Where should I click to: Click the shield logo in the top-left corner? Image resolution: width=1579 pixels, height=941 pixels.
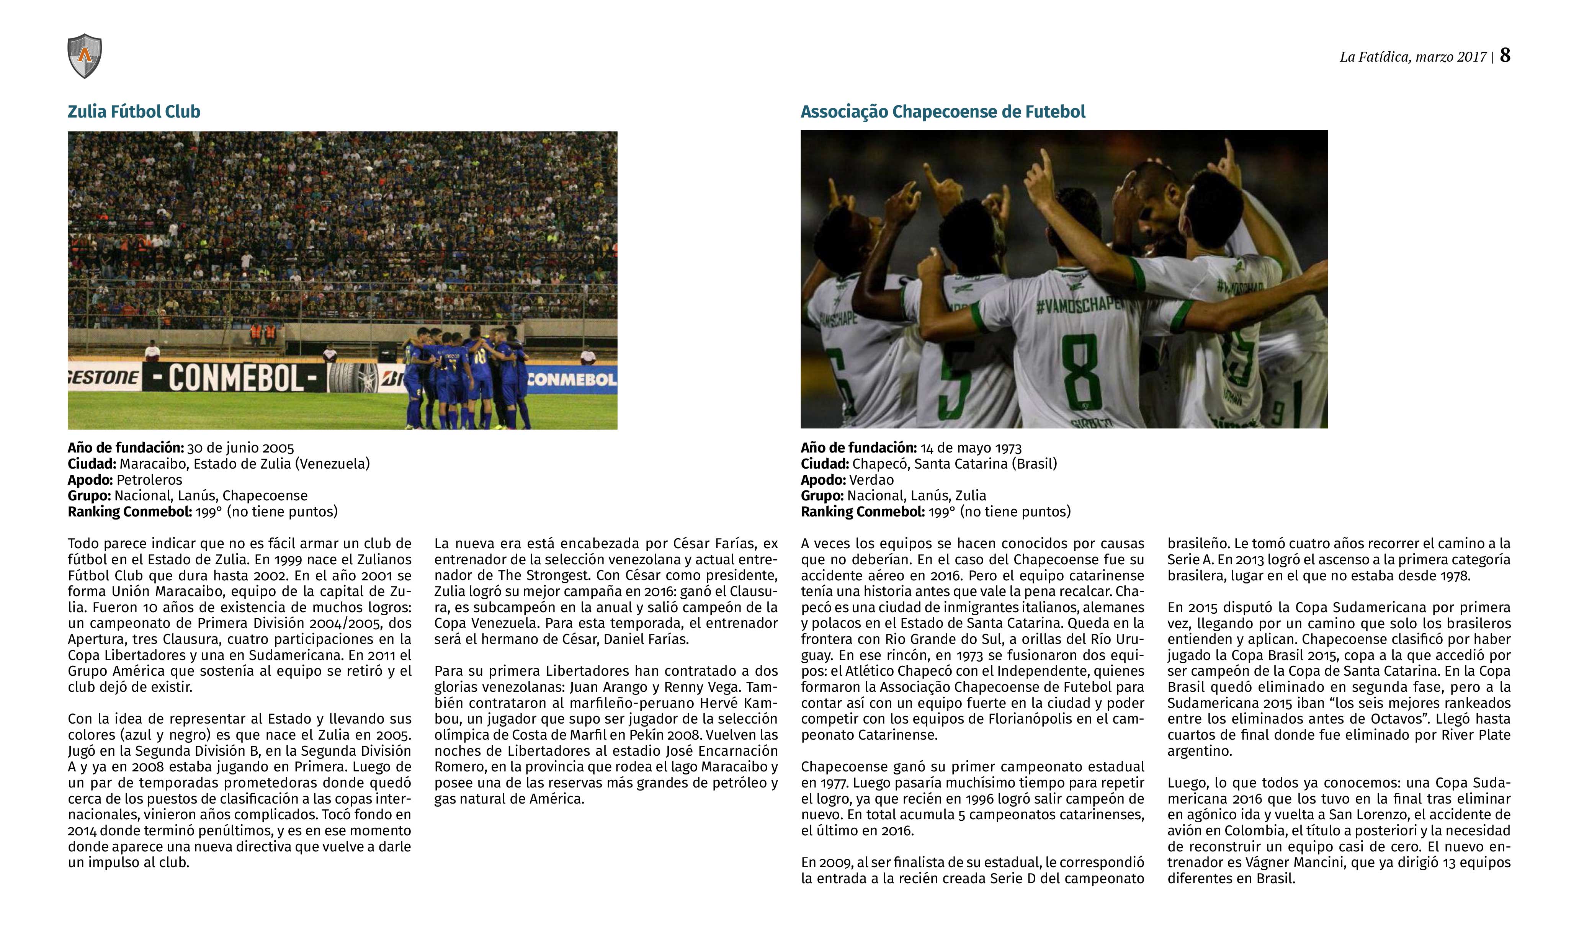click(84, 56)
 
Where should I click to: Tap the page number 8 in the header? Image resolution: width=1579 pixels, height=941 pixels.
click(1505, 56)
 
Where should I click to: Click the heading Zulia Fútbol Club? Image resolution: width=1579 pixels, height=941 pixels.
click(134, 112)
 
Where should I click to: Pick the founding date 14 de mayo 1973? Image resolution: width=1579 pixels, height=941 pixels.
click(971, 448)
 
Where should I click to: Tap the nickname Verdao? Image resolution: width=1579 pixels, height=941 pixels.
click(871, 480)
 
